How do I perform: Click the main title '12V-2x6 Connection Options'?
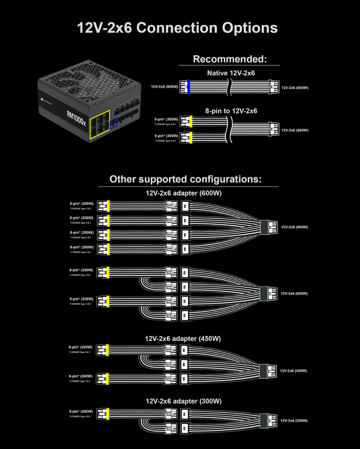point(177,28)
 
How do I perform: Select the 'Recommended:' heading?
point(229,59)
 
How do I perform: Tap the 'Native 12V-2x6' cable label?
point(231,73)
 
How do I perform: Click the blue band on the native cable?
point(189,87)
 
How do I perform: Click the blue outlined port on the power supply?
point(114,123)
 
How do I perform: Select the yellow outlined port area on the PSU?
point(100,124)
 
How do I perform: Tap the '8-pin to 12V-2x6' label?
point(231,111)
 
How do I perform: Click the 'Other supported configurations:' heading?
point(186,179)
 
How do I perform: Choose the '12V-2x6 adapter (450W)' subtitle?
point(183,338)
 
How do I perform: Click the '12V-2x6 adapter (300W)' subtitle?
point(183,401)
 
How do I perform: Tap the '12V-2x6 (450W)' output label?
point(293,370)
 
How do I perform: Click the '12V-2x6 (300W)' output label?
point(294,421)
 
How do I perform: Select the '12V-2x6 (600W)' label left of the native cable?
point(164,87)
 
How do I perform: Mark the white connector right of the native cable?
point(273,87)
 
